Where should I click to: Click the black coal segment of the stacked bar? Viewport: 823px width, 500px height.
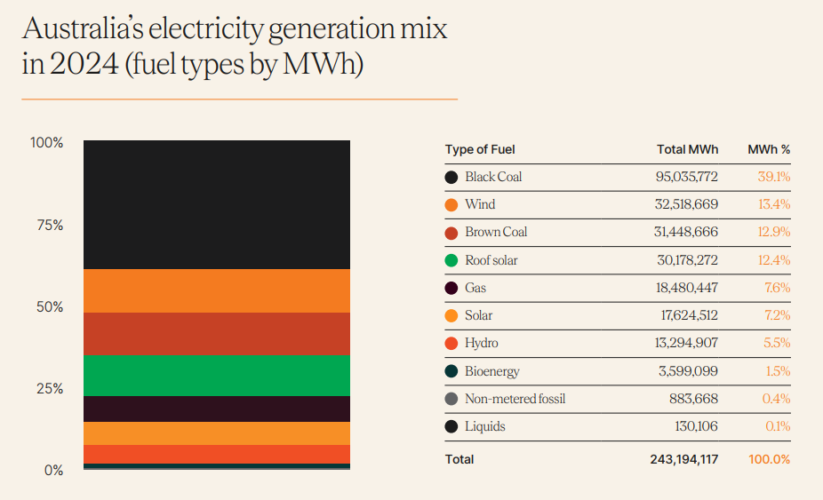[x=217, y=204]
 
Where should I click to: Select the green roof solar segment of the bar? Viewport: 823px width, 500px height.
[x=217, y=375]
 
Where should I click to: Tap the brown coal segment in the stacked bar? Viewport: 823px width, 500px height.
[x=217, y=333]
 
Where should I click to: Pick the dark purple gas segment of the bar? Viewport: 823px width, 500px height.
[x=217, y=409]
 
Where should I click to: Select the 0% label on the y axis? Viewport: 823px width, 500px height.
[x=53, y=470]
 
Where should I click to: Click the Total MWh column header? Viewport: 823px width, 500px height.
[x=687, y=149]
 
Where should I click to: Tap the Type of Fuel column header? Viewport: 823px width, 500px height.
[x=480, y=149]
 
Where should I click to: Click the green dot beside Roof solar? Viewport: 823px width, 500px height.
[x=451, y=260]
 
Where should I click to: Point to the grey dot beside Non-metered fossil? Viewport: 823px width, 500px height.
[x=451, y=399]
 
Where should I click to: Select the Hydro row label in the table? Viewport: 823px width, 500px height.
[x=481, y=343]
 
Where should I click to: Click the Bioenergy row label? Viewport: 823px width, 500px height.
[x=491, y=371]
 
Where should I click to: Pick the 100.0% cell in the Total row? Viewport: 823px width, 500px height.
[x=770, y=459]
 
